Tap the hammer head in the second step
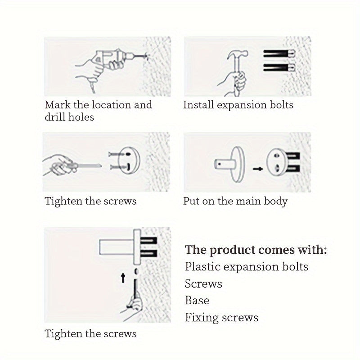[x=238, y=54]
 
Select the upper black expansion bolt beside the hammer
[x=279, y=54]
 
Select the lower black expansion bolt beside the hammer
[x=279, y=67]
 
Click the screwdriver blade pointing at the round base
[x=89, y=166]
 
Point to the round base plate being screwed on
[x=129, y=160]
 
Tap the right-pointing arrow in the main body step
[x=258, y=169]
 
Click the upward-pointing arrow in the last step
[x=123, y=278]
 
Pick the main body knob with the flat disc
[x=229, y=164]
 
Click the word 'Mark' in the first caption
[x=58, y=105]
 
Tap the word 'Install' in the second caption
[x=198, y=105]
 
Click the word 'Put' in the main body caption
[x=191, y=201]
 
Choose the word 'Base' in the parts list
[x=197, y=300]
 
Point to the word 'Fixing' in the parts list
[x=202, y=318]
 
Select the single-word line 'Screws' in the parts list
[x=203, y=283]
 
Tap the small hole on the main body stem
[x=220, y=164]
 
